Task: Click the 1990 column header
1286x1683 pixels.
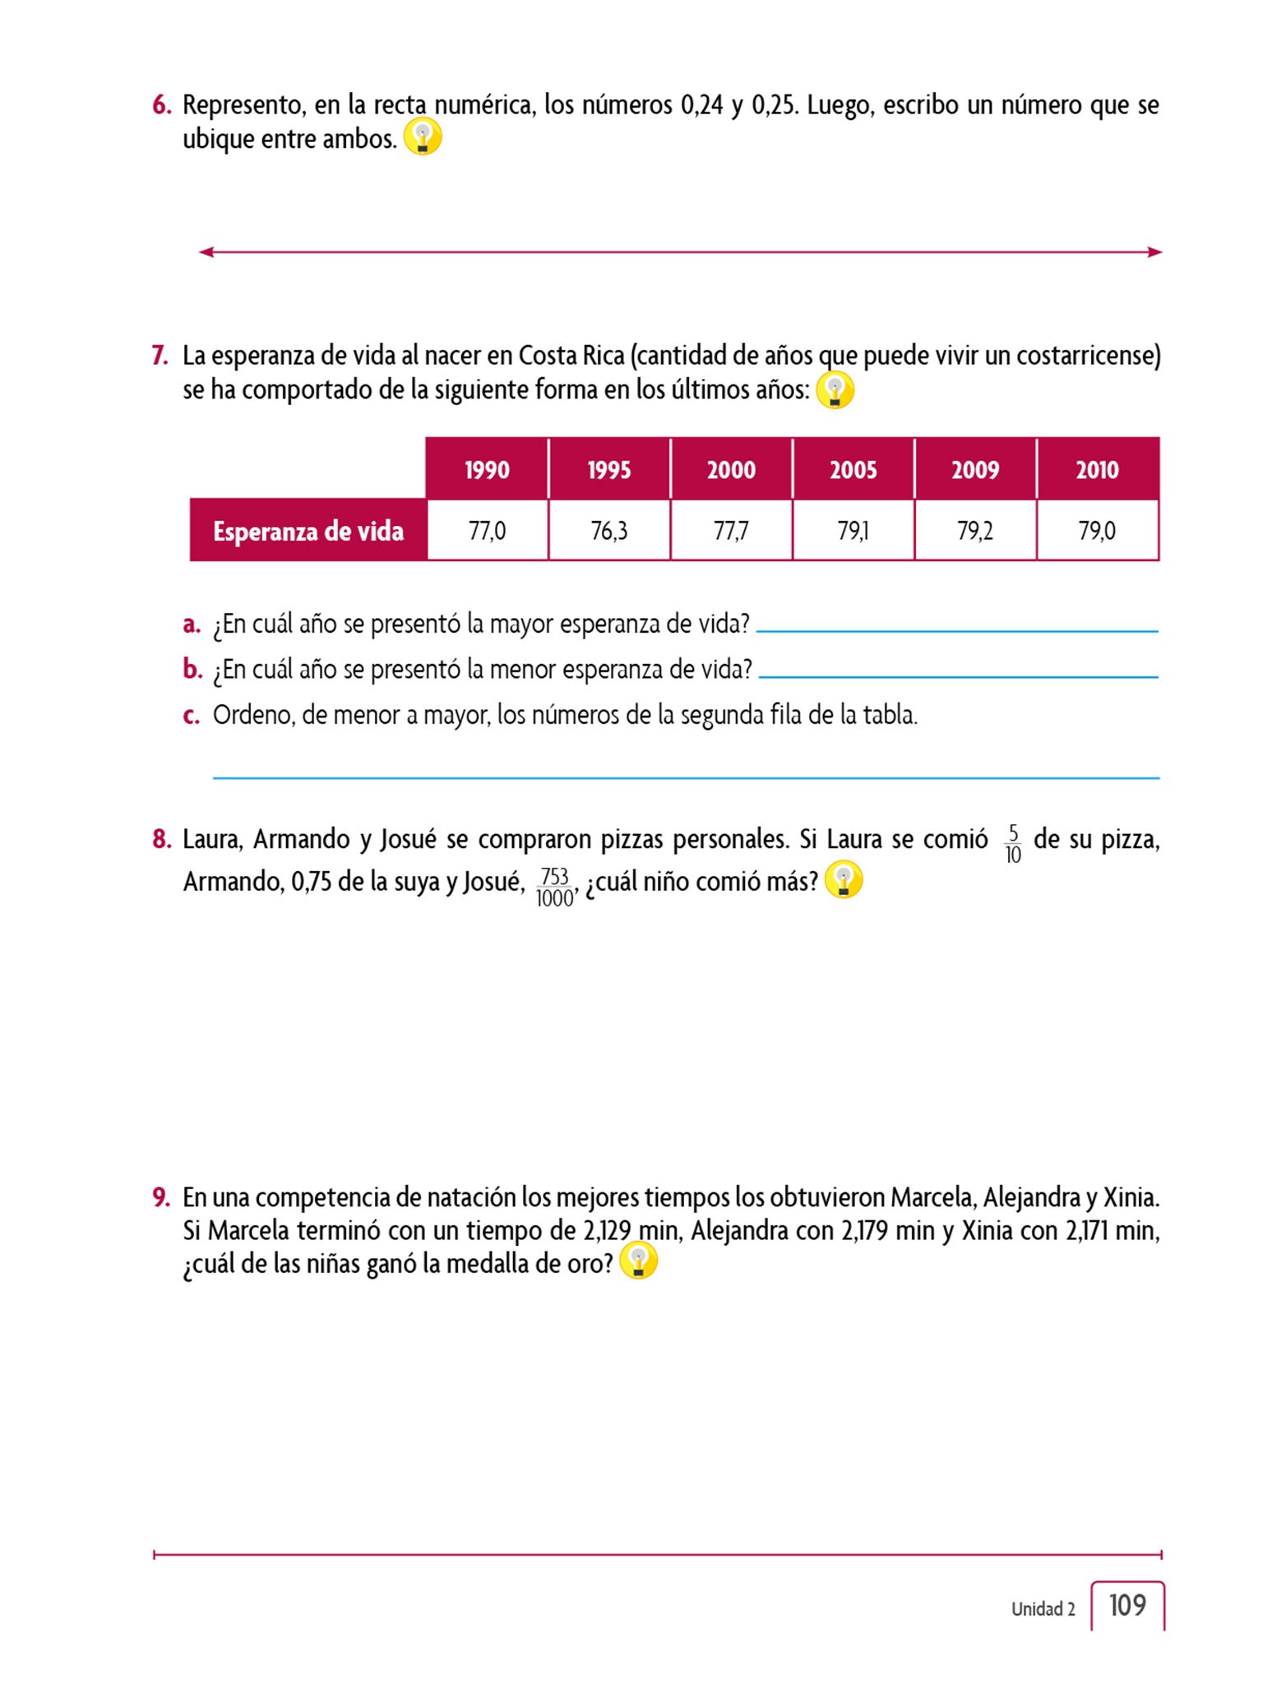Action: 487,469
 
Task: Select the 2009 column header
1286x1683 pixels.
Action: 975,469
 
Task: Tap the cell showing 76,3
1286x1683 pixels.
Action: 609,531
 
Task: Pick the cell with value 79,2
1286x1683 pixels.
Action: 975,531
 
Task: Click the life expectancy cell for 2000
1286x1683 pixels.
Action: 731,531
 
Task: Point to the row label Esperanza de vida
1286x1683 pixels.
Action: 308,531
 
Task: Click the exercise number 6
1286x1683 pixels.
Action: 161,105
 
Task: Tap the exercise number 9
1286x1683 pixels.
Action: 161,1197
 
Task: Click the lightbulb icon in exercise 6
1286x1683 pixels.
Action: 423,137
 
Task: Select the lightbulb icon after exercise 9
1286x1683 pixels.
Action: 638,1261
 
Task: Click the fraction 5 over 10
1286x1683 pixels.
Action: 1012,844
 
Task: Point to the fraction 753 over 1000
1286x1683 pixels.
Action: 555,887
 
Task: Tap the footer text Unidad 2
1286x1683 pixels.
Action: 1043,1609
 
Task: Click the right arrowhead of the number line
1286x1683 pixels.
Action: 1155,252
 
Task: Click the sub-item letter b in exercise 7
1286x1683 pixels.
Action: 192,670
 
